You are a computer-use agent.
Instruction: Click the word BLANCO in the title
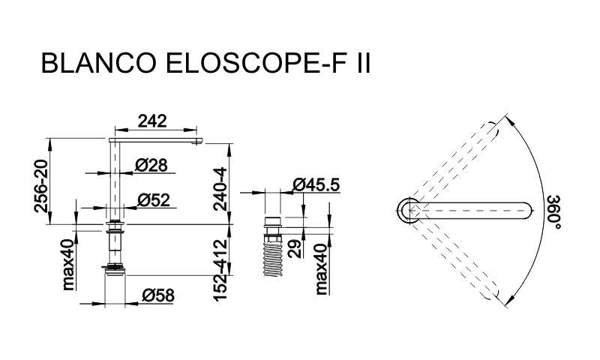[x=99, y=63]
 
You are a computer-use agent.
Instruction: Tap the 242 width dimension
[x=152, y=121]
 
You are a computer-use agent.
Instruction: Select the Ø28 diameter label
[x=151, y=165]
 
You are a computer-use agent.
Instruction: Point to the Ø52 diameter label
[x=154, y=200]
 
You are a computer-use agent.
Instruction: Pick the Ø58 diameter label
[x=158, y=295]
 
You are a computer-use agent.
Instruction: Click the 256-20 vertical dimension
[x=41, y=186]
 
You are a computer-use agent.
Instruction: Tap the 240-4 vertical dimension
[x=220, y=189]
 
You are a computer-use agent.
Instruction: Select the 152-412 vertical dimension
[x=220, y=270]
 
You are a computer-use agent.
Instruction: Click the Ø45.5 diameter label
[x=316, y=184]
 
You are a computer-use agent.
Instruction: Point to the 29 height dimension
[x=295, y=249]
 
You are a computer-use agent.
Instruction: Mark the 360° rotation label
[x=553, y=212]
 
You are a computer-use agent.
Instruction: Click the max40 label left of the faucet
[x=69, y=265]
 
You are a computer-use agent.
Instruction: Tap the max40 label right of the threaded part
[x=322, y=269]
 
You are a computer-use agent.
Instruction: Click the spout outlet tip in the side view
[x=196, y=143]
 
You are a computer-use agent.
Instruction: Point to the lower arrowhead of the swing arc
[x=510, y=301]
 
